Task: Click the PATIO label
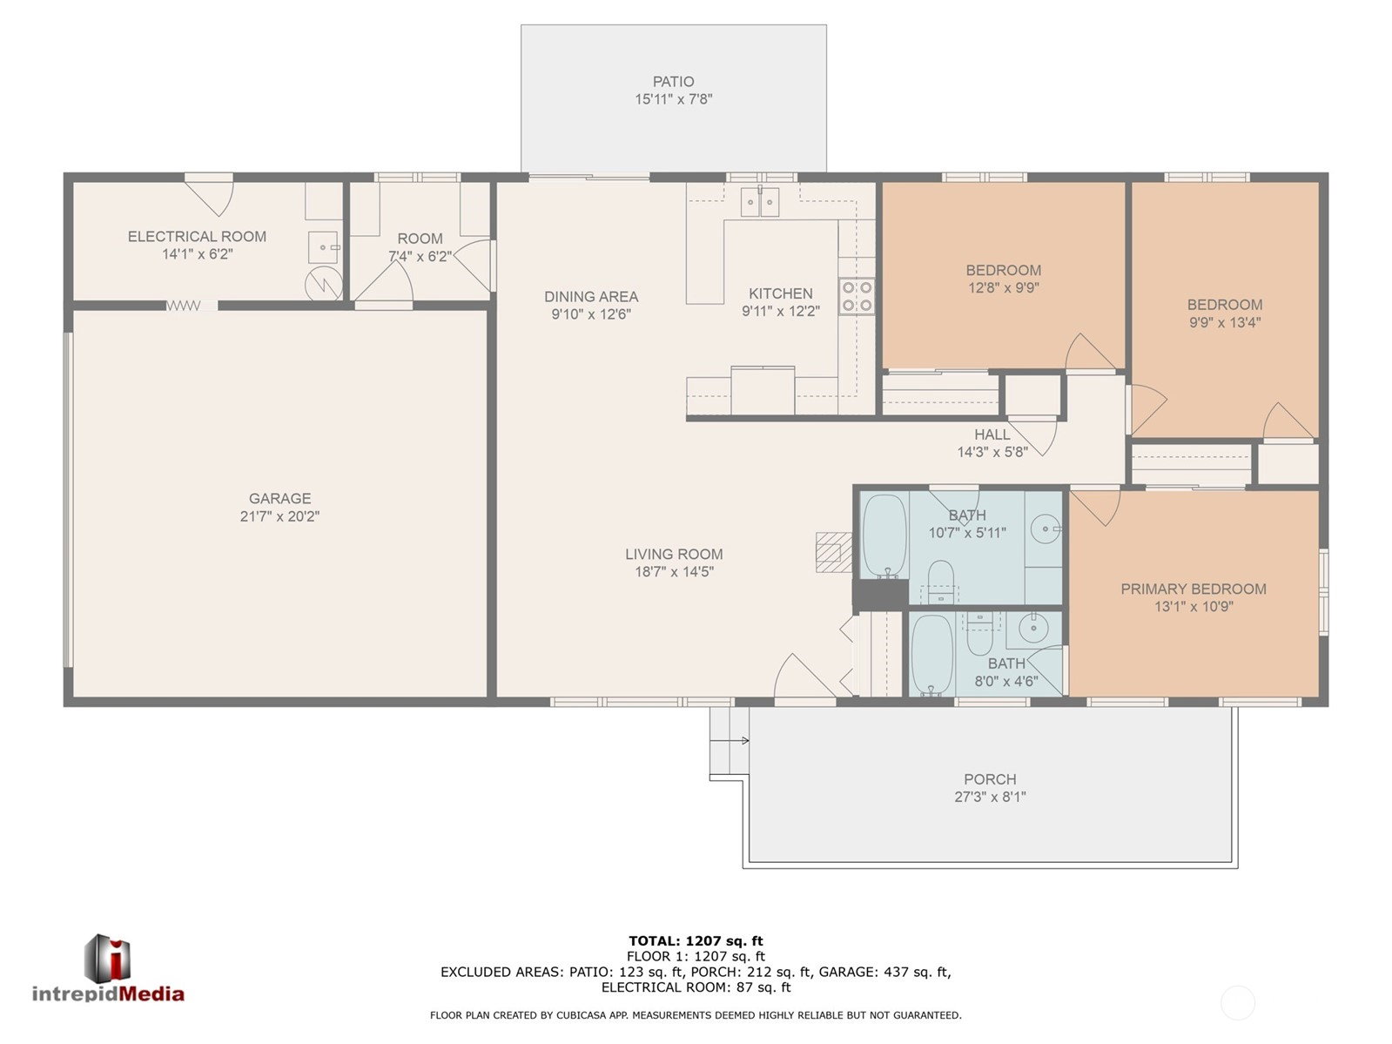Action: point(673,82)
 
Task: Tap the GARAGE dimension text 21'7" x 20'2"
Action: point(279,516)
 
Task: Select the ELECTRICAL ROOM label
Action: point(197,237)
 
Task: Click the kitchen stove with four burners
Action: point(857,296)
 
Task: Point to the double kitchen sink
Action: point(760,202)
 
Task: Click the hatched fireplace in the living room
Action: point(833,552)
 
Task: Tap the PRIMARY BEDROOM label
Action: point(1193,589)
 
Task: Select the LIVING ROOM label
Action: point(674,554)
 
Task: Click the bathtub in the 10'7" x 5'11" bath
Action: point(884,536)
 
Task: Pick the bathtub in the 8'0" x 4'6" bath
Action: point(931,655)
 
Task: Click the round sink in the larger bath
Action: point(1046,529)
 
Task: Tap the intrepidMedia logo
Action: point(109,968)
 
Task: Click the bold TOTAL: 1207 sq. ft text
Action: point(696,940)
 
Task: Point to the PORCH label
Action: point(990,779)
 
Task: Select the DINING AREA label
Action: point(591,296)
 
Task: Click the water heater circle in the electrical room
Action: point(324,286)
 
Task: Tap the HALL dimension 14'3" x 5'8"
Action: point(992,452)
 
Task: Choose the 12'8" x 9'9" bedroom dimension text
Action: point(1003,287)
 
